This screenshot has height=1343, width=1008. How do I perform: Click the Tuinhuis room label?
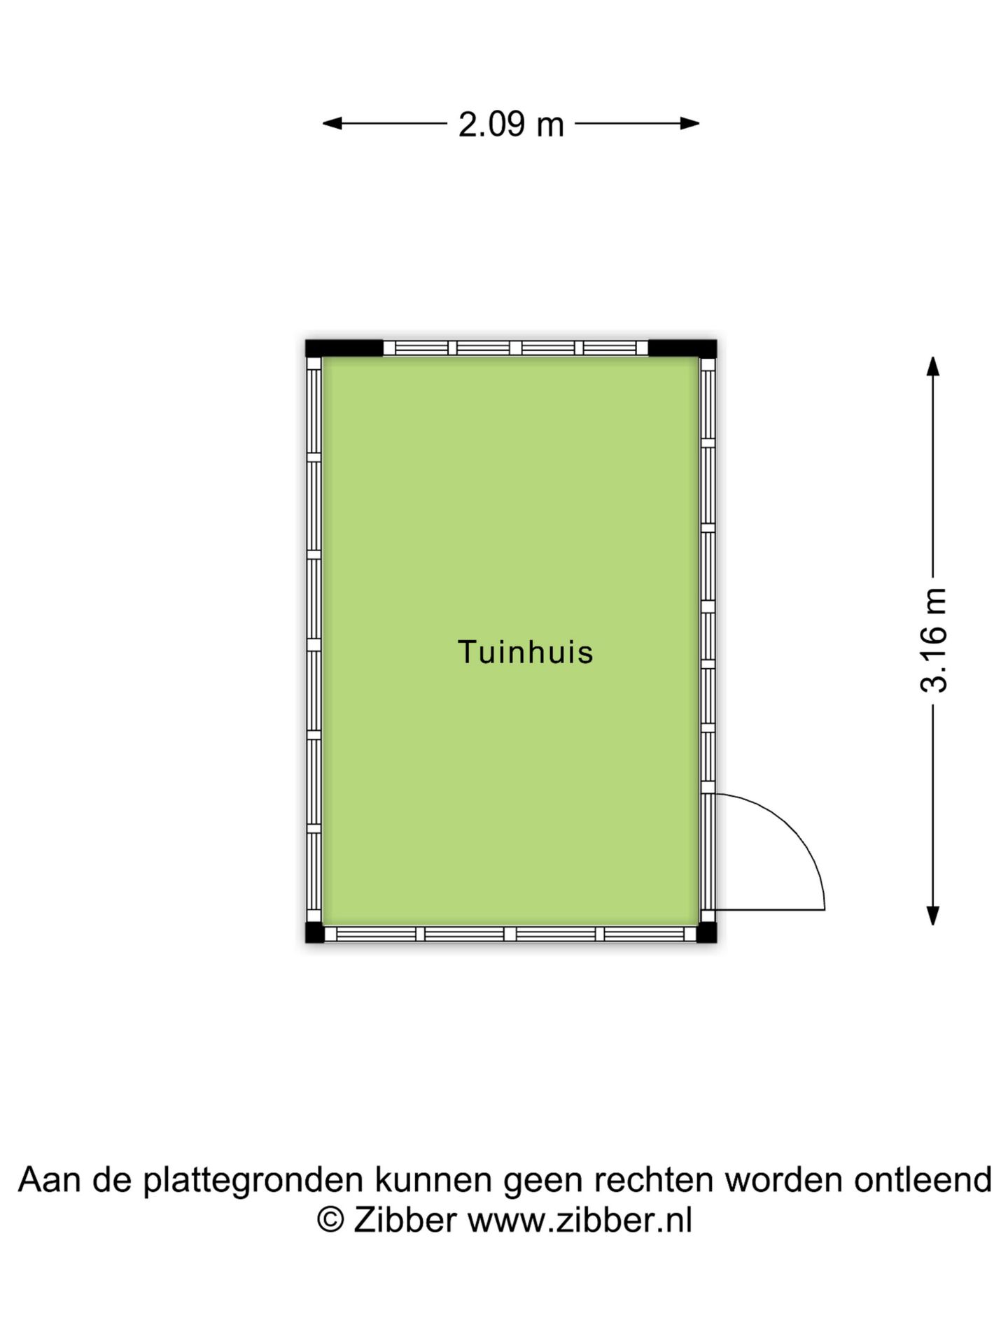525,652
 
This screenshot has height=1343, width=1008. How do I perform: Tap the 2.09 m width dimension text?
511,125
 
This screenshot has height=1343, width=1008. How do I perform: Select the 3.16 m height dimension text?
934,640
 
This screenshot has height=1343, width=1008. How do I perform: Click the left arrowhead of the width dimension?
332,124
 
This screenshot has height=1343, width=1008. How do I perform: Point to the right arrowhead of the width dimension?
690,124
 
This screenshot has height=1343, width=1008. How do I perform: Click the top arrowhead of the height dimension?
932,367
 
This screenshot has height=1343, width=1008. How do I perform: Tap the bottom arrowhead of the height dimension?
932,915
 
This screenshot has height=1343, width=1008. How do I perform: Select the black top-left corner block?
344,348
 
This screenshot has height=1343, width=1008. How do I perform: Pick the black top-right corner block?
682,348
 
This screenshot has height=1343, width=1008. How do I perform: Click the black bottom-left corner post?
315,932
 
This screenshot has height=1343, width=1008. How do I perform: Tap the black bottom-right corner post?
707,932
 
